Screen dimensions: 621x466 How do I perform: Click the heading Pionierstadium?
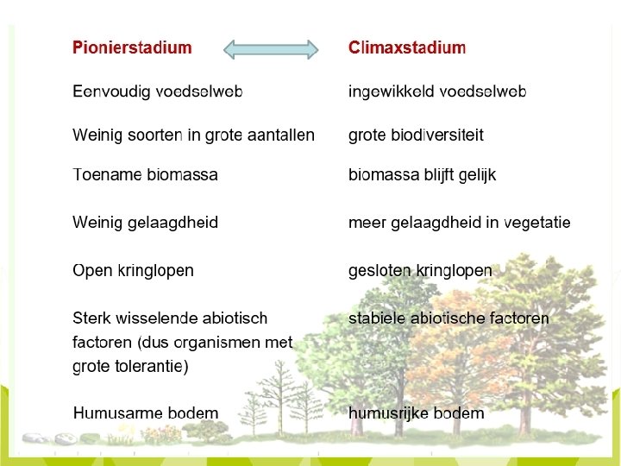point(132,48)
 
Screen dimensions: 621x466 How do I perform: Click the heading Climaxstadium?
point(406,48)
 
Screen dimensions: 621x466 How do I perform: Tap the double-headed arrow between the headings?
point(271,49)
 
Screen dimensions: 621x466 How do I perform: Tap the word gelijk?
point(476,175)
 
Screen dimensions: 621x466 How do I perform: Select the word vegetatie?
point(537,223)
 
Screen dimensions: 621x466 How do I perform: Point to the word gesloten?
point(379,271)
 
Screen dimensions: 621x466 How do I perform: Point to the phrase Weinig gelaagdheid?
point(145,223)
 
